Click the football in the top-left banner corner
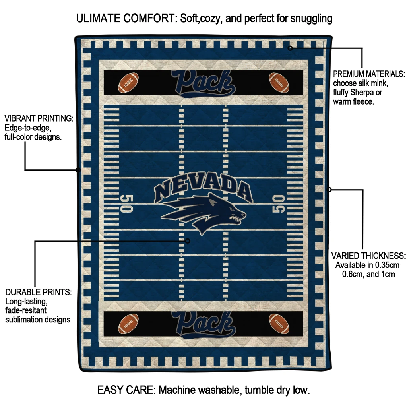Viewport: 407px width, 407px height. pos(128,82)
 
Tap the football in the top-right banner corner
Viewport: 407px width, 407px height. pos(279,82)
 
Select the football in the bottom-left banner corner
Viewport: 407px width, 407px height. pos(128,324)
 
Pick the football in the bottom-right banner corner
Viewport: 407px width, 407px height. pos(279,323)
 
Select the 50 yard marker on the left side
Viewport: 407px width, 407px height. pos(126,203)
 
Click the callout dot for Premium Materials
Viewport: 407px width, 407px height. pos(290,48)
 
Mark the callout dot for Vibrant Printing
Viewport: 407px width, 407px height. pos(78,170)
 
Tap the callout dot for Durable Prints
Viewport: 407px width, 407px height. pos(188,241)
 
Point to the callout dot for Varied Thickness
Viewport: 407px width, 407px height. pos(329,190)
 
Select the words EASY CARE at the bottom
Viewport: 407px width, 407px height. pos(126,390)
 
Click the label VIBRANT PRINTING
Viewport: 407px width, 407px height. pos(39,118)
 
